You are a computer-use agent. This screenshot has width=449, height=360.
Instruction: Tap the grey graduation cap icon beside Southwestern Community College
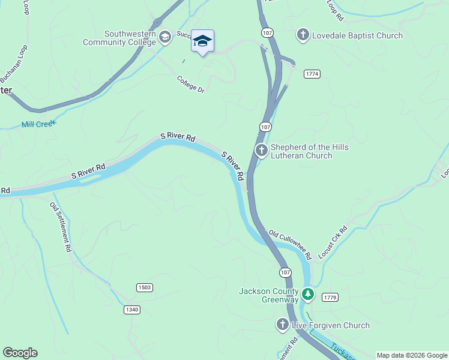[x=164, y=38]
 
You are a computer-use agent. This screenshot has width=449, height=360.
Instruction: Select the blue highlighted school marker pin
[x=202, y=41]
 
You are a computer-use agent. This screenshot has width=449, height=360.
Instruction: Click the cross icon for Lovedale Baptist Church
[x=304, y=35]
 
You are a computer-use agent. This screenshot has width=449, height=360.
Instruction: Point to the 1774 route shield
[x=312, y=74]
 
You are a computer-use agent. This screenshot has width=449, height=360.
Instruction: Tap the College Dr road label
[x=191, y=84]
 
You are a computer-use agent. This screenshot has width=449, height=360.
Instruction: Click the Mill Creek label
[x=38, y=124]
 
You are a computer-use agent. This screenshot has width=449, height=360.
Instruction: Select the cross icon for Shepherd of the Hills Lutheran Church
[x=261, y=151]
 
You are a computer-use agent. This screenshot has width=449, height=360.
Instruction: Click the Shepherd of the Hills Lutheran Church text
[x=310, y=152]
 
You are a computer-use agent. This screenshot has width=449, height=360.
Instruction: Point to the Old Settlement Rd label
[x=61, y=226]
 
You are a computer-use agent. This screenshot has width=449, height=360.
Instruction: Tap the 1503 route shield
[x=144, y=287]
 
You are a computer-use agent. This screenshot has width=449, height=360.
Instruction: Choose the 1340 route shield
[x=133, y=310]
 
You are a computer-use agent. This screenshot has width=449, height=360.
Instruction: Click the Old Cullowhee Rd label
[x=289, y=244]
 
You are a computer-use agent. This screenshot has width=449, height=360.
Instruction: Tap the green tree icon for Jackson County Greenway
[x=308, y=294]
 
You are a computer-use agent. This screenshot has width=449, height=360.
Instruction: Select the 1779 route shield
[x=330, y=298]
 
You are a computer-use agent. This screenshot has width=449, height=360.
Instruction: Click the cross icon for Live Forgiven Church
[x=283, y=325]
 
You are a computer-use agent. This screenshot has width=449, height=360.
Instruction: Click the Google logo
[x=20, y=353]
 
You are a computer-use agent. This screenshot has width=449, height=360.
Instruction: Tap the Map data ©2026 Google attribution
[x=412, y=355]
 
